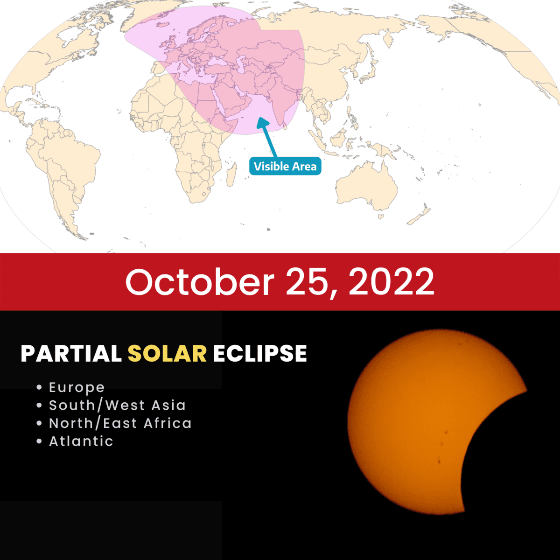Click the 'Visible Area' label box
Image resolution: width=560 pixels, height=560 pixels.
pos(285,167)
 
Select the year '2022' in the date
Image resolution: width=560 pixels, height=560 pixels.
pos(391,282)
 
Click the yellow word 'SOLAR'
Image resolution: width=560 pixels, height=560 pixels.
pos(167,354)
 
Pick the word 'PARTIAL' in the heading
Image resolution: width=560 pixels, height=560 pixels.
pos(71,354)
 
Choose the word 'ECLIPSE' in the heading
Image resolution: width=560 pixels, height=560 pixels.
pos(260,354)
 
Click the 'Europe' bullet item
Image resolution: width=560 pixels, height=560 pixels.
pos(77,387)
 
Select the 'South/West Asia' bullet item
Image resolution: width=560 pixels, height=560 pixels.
pos(117,405)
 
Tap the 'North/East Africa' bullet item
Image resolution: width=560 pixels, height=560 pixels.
pos(120,423)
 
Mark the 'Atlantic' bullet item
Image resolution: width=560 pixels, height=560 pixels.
pos(81,441)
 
